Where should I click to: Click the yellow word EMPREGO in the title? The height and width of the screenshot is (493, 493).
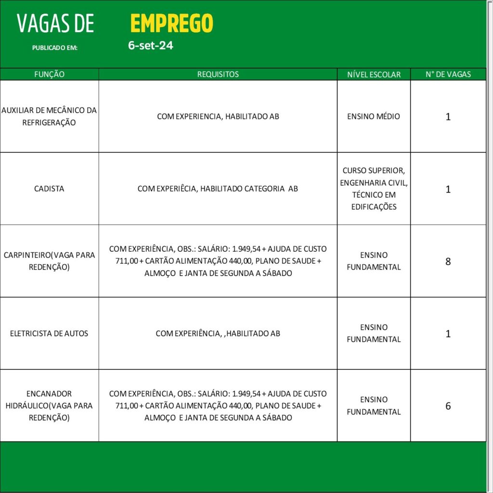[x=171, y=23]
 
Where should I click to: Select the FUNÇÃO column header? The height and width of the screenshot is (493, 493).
[x=49, y=75]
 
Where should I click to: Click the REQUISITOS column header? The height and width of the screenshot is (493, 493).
[x=218, y=75]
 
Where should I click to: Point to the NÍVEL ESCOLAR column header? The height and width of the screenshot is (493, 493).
[x=374, y=75]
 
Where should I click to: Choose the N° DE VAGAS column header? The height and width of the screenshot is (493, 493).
[x=448, y=75]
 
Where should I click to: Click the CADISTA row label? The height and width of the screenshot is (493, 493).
[x=49, y=189]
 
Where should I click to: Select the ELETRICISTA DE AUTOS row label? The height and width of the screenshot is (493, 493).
[x=49, y=333]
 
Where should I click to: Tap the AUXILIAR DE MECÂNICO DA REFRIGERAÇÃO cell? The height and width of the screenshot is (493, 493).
[x=49, y=117]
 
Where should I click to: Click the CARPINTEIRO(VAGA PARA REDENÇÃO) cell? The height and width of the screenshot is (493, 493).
[x=49, y=261]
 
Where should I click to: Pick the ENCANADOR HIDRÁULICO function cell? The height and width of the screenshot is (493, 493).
[x=49, y=405]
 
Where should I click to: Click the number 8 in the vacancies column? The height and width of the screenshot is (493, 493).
[x=448, y=261]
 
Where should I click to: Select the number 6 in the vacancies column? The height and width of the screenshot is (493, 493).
[x=448, y=406]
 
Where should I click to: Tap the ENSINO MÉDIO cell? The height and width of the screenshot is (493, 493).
[x=374, y=117]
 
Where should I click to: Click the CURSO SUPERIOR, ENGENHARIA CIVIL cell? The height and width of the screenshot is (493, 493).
[x=374, y=189]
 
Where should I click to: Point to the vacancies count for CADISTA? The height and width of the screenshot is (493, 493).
[x=448, y=189]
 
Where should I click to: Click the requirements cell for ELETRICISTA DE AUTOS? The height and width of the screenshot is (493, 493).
[x=218, y=333]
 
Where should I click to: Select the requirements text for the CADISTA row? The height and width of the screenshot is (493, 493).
[x=218, y=189]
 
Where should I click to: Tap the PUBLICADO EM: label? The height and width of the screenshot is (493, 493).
[x=54, y=48]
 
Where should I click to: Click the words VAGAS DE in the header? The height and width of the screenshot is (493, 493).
[x=55, y=24]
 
